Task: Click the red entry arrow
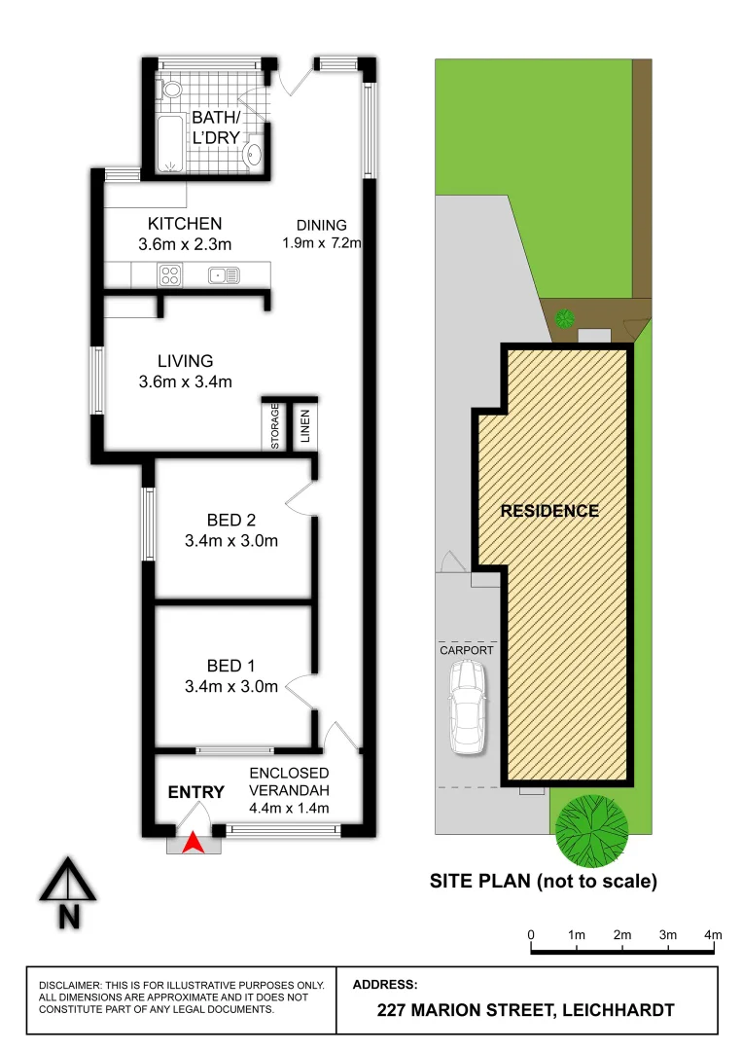194,843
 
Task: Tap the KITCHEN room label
184,223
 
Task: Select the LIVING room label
185,361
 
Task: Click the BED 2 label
231,519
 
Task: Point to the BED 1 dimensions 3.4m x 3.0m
231,686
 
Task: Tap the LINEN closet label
304,425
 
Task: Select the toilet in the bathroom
172,90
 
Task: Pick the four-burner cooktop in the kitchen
170,275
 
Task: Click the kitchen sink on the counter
223,275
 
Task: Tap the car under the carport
469,707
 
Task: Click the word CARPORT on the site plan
467,650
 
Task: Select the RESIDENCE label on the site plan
549,511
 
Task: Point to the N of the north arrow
68,916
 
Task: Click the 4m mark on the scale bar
714,935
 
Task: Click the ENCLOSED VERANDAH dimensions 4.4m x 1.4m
289,808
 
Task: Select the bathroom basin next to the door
255,152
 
